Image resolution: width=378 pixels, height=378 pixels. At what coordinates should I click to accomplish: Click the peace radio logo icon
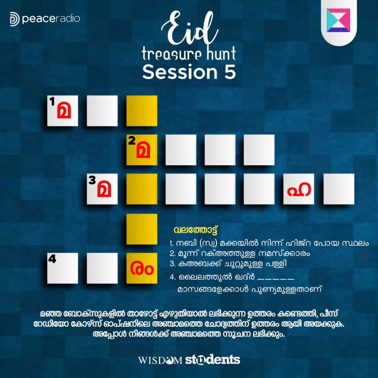pos(15,19)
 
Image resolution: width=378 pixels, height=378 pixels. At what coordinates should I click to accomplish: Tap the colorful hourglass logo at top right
pos(338,20)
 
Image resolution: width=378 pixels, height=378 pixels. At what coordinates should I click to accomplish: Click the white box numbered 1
pos(62,111)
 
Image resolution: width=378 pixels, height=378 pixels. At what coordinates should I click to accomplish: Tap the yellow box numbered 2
pos(142,150)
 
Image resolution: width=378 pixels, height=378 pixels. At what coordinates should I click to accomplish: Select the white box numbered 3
pos(102,189)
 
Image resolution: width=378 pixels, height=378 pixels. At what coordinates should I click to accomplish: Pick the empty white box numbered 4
pos(62,268)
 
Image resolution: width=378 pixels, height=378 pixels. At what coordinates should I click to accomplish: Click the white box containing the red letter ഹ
pos(298,189)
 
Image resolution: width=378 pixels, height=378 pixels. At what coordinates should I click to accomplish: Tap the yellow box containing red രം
pos(142,268)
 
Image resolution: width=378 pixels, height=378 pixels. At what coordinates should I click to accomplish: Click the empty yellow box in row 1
pos(142,111)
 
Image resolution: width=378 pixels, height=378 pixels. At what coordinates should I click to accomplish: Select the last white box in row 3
pos(339,189)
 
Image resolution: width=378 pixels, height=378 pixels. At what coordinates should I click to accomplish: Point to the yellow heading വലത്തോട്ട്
pos(195,230)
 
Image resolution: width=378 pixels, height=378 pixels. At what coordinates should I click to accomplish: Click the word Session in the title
pos(180,72)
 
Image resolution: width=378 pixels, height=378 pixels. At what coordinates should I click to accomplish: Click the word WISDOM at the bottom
pos(160,360)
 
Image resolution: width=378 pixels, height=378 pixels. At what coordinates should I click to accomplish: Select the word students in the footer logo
pos(212,360)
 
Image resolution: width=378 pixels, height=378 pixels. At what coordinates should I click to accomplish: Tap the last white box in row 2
pos(259,150)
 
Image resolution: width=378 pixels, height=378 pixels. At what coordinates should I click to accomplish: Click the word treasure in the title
pos(171,54)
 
